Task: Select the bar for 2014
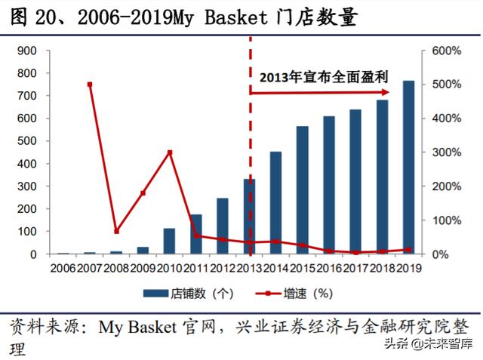coord(276,203)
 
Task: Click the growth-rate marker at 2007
coord(90,85)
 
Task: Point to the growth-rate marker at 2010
coord(170,152)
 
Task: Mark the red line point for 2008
coord(116,231)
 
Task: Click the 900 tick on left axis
coord(26,51)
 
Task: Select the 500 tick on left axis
coord(26,141)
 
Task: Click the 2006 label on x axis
coord(64,268)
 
